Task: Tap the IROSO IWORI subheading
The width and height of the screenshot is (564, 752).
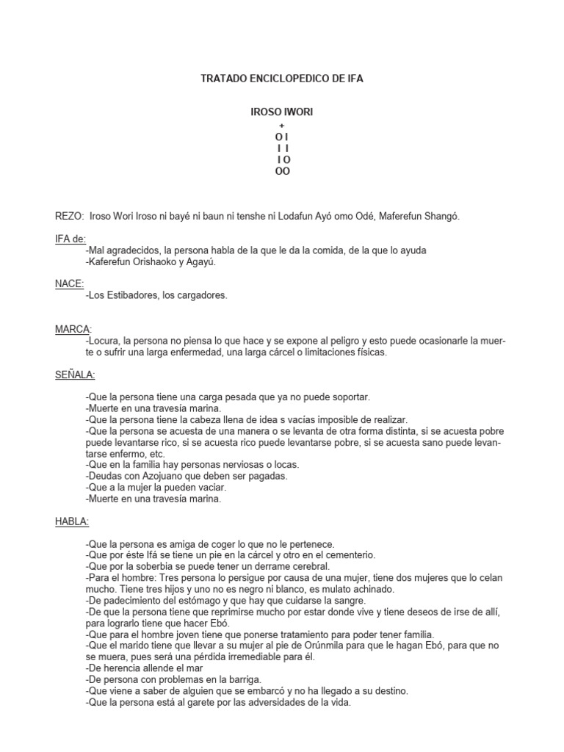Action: tap(283, 112)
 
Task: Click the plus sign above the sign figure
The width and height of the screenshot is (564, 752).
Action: tap(283, 126)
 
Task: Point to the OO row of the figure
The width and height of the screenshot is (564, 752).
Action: tap(283, 171)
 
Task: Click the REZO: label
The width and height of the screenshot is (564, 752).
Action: tap(70, 216)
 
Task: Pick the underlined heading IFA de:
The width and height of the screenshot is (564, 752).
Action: tap(70, 239)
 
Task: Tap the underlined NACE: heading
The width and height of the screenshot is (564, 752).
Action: tap(70, 283)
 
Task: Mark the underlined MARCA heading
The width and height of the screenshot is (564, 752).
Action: tap(72, 329)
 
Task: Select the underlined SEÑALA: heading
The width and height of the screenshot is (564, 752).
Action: tap(75, 375)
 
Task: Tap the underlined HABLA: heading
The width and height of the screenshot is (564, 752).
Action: tap(72, 521)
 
